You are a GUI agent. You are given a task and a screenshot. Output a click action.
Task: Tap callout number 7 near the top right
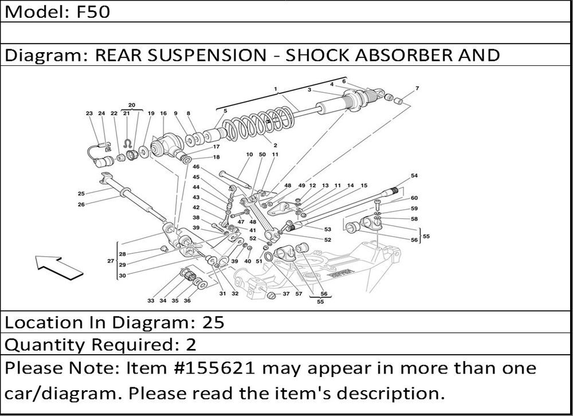[x=417, y=88]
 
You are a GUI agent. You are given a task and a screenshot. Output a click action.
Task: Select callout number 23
[x=89, y=113]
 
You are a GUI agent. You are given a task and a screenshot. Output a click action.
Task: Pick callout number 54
[x=414, y=175]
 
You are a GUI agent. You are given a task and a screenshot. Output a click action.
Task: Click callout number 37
[x=285, y=295]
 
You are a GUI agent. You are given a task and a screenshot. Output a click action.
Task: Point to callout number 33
[x=151, y=300]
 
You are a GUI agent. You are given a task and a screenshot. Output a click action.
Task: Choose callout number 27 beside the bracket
[x=111, y=261]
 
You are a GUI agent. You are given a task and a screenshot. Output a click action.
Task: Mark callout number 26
[x=81, y=204]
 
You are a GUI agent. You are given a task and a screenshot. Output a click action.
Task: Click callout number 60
[x=414, y=198]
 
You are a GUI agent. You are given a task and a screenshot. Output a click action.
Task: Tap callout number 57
[x=299, y=295]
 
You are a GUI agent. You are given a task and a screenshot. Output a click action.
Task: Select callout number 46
[x=196, y=167]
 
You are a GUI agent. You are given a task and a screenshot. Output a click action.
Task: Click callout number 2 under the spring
[x=275, y=146]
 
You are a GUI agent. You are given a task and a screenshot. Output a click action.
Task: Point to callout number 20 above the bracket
[x=131, y=105]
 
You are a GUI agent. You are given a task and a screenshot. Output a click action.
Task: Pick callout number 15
[x=364, y=186]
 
